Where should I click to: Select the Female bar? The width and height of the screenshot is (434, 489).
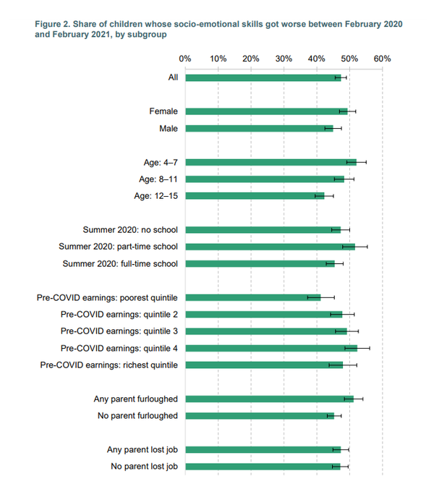pos(266,111)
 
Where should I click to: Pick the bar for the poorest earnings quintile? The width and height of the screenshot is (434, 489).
pos(252,297)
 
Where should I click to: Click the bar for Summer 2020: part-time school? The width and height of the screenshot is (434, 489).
pos(270,247)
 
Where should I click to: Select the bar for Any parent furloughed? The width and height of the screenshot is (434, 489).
pos(269,399)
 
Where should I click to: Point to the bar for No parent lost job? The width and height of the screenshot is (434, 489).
pos(263,467)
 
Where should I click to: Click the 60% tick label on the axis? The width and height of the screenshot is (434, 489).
pos(382,58)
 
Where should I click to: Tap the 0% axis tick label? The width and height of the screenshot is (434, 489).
pos(185,58)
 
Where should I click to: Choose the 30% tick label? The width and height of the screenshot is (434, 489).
pos(284,58)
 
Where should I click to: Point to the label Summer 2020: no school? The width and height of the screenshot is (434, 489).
pos(130,230)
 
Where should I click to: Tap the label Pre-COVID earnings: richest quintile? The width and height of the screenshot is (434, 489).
pos(109,365)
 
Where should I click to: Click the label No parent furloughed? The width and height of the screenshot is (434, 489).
pos(137,416)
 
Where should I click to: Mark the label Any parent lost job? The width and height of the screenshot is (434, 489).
pos(142,450)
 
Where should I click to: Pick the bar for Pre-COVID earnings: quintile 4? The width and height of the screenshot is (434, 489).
pos(271,348)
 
